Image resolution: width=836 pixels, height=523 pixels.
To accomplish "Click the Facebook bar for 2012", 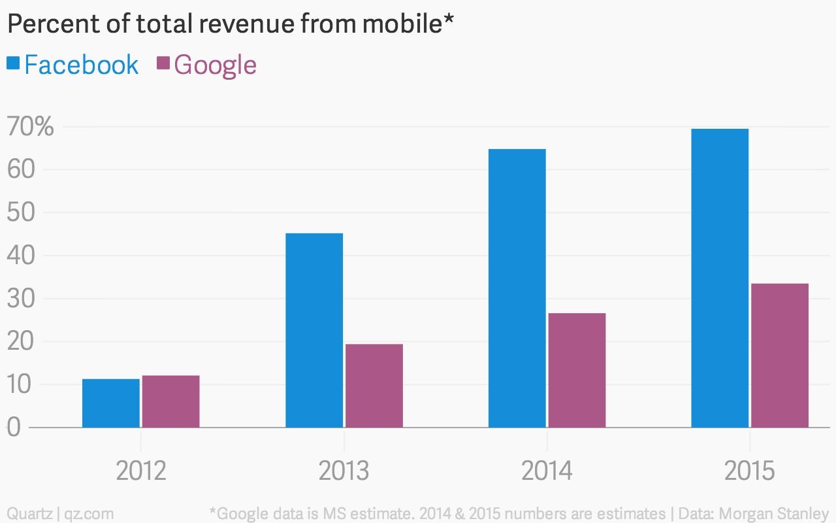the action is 111,403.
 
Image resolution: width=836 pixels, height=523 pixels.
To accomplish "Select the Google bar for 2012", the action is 171,401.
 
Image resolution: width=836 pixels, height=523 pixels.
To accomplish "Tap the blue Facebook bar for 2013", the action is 314,330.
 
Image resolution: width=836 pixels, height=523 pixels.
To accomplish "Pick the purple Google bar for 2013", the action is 374,386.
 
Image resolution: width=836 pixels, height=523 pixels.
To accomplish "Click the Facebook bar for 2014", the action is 517,288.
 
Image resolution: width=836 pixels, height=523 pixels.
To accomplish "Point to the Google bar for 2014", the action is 577,370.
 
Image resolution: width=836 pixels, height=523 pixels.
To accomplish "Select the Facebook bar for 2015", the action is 720,278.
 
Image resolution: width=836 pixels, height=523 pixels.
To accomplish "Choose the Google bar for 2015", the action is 780,355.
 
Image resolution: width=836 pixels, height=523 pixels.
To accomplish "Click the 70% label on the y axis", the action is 30,126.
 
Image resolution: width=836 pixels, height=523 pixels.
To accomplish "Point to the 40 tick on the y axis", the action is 21,256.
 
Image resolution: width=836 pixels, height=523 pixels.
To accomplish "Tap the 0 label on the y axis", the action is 14,427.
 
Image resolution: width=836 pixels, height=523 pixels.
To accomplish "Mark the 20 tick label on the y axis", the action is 21,341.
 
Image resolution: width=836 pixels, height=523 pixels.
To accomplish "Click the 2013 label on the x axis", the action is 344,471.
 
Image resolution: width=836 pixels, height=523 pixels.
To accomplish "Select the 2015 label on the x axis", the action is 749,471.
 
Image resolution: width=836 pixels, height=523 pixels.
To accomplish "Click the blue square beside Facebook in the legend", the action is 13,62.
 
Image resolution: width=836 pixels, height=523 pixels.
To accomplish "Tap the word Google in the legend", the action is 216,66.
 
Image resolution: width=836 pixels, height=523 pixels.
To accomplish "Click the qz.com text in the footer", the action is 89,514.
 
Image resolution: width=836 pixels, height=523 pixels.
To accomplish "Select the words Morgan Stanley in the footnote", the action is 774,514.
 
